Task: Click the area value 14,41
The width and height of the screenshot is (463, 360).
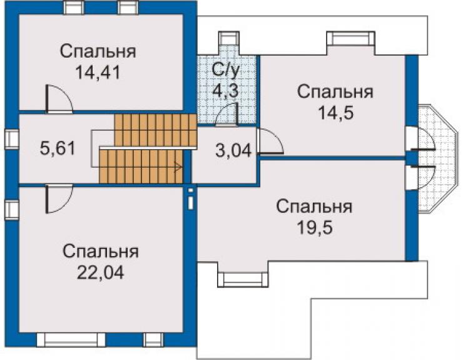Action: coord(98,73)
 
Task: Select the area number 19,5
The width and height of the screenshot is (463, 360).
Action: coord(315,227)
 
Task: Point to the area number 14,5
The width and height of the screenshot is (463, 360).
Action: coord(336,113)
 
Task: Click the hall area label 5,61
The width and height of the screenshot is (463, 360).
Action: coord(58,148)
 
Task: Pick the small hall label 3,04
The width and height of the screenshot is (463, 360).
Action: coord(233,150)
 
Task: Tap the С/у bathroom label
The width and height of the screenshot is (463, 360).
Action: coord(225,71)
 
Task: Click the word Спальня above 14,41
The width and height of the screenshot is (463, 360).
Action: coord(98,51)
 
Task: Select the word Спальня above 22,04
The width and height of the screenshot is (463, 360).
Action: coord(101,252)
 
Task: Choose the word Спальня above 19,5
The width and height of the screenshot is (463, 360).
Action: coord(315,207)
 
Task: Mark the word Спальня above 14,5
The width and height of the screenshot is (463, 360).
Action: coord(335,91)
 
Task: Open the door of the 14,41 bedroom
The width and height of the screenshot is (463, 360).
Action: coord(59,99)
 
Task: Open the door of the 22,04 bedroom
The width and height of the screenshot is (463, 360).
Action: coord(59,198)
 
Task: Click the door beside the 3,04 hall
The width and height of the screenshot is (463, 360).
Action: coord(270,141)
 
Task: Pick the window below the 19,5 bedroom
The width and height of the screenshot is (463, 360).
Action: coord(243,279)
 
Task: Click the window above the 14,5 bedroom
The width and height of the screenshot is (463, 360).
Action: coord(350,39)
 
